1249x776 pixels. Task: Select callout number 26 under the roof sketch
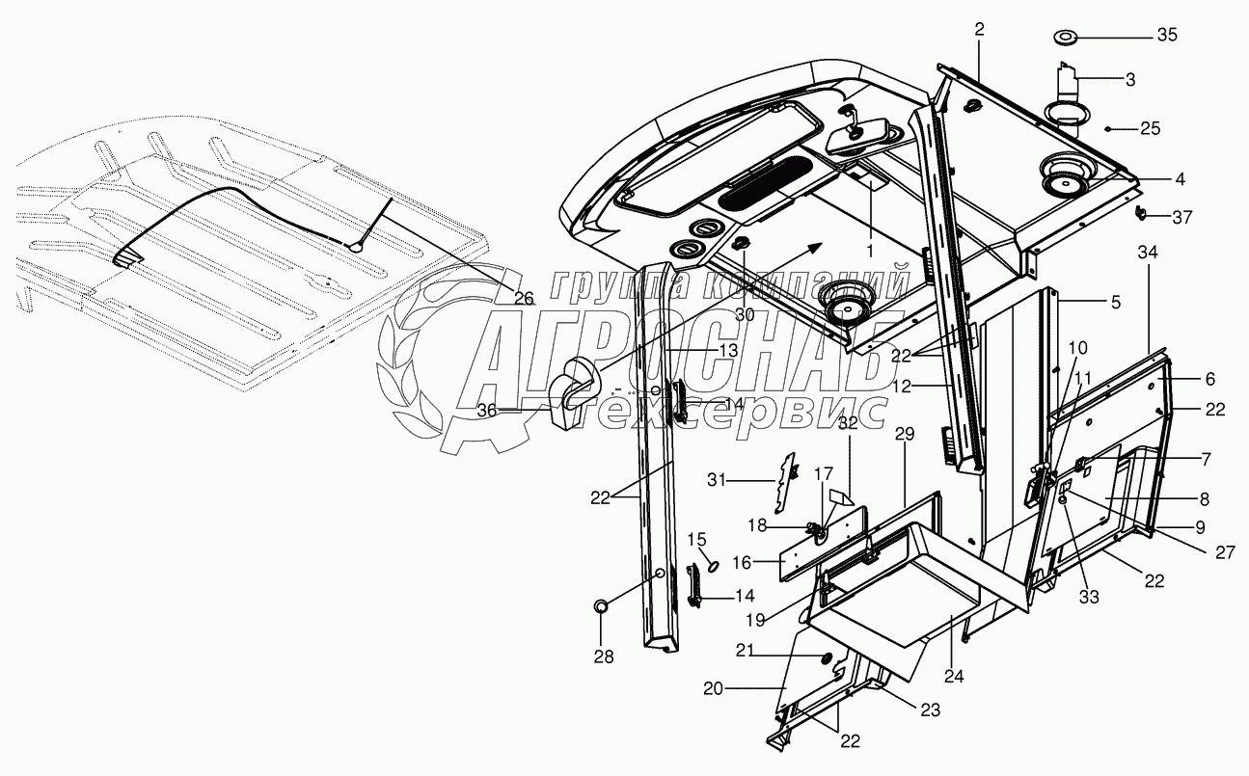click(x=523, y=299)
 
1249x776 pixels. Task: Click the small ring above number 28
click(x=600, y=606)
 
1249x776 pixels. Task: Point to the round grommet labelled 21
click(x=827, y=656)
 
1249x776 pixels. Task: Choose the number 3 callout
click(x=1130, y=80)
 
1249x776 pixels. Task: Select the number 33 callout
click(x=1089, y=598)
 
